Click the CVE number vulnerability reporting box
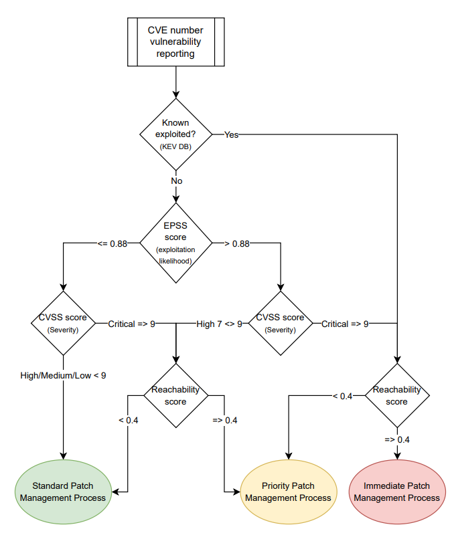[x=175, y=42]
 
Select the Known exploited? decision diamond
[x=175, y=134]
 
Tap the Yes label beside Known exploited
[x=231, y=134]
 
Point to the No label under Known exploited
[x=176, y=181]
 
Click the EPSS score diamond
[x=175, y=243]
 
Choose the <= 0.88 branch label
[x=112, y=243]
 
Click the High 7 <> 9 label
[x=219, y=324]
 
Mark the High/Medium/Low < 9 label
[x=63, y=375]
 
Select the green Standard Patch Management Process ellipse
[x=63, y=492]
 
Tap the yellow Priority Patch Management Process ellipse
[x=288, y=492]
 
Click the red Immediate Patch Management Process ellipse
[x=397, y=492]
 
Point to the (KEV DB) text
[x=175, y=146]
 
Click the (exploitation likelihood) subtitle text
[x=175, y=255]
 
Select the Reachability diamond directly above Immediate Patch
[x=397, y=395]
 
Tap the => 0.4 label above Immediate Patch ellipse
[x=397, y=439]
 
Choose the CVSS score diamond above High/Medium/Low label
[x=63, y=324]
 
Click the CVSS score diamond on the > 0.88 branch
[x=280, y=324]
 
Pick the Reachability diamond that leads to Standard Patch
[x=175, y=395]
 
